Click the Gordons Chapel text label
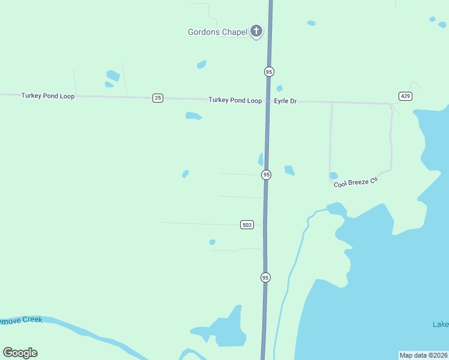point(218,32)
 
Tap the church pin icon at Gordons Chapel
point(256,31)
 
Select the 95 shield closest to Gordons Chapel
point(269,71)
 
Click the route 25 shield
point(157,98)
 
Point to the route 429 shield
point(405,96)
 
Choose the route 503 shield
point(247,224)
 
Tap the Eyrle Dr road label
point(285,101)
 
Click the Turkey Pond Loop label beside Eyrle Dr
point(235,100)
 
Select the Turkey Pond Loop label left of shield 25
point(48,95)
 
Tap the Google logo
point(20,353)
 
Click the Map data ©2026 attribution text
point(423,355)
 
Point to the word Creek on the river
point(32,320)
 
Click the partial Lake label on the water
point(441,325)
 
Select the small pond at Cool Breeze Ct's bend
point(333,176)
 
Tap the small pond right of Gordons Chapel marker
point(311,23)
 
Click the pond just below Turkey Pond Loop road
point(193,116)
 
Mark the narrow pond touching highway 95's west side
point(261,159)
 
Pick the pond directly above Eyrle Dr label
point(279,89)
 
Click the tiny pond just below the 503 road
point(212,242)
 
